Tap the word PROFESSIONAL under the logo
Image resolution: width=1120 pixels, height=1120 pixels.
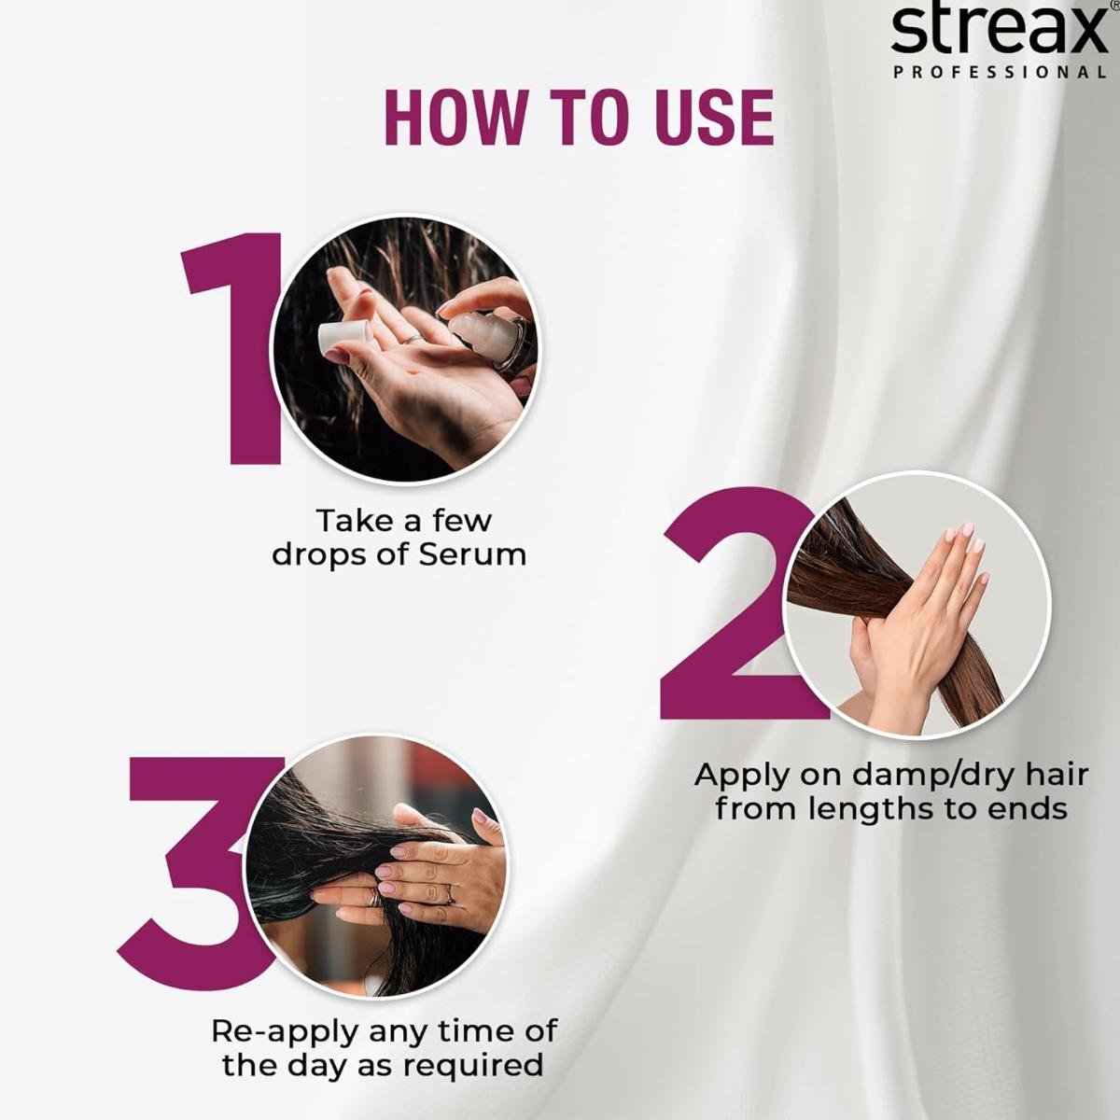1000,72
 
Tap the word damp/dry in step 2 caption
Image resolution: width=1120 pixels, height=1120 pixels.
901,776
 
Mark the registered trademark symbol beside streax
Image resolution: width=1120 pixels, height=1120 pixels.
1113,5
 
